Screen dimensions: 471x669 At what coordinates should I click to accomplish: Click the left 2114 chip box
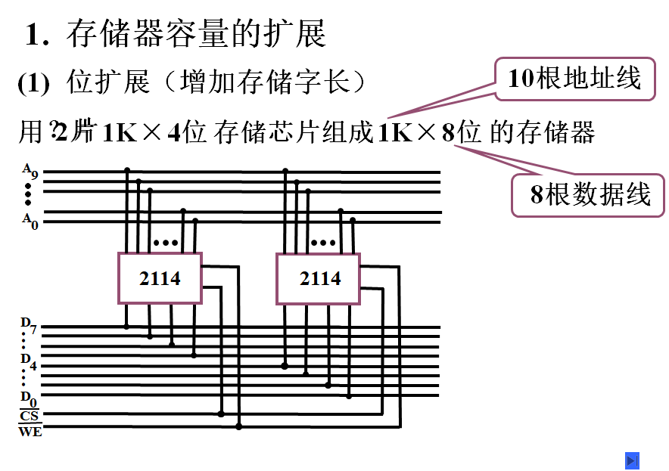tap(160, 278)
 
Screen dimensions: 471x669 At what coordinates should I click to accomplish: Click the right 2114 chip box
tap(319, 278)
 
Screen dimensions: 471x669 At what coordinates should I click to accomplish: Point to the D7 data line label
tap(28, 325)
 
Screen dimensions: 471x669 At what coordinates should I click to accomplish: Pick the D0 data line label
tap(28, 397)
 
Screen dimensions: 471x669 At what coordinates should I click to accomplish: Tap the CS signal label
tap(30, 415)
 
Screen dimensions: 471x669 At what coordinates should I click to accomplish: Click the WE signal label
tap(30, 432)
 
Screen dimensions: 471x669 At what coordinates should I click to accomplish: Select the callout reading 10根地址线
tap(574, 78)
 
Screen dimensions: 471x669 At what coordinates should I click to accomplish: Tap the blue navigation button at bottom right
tap(633, 460)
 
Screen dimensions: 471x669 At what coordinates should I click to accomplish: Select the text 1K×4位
tap(154, 134)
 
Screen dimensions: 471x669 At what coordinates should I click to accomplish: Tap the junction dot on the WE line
tap(238, 426)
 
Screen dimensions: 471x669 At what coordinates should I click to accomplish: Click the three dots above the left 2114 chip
tap(165, 243)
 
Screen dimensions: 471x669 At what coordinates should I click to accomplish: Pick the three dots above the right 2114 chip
tap(323, 243)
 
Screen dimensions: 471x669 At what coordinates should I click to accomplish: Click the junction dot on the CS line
tap(221, 414)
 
